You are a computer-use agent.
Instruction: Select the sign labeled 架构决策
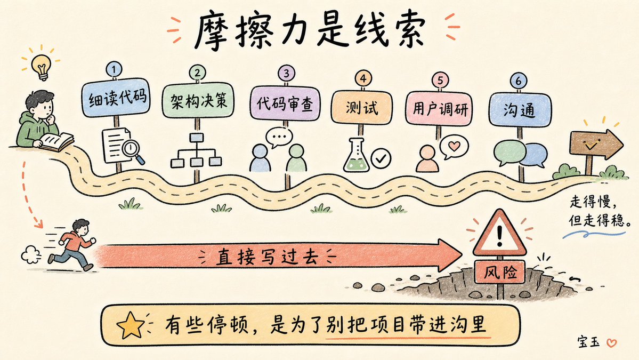[198, 100]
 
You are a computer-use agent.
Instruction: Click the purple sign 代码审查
[285, 103]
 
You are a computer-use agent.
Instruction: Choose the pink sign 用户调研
[439, 108]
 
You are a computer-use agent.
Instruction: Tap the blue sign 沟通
[520, 110]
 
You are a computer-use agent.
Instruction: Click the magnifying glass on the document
[133, 150]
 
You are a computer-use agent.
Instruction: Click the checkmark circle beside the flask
[382, 158]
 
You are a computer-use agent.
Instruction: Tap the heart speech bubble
[454, 146]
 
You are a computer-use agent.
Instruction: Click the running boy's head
[82, 227]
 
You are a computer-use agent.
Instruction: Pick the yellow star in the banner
[131, 325]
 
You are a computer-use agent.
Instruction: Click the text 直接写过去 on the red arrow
[267, 257]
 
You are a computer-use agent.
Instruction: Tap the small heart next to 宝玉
[612, 343]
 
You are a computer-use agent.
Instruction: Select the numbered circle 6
[519, 81]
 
